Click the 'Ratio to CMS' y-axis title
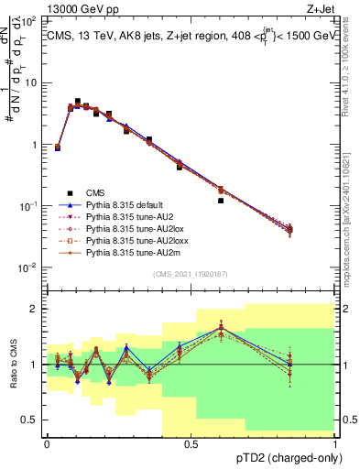coord(13,365)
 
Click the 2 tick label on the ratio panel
coord(36,309)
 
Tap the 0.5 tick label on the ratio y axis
coord(30,420)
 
